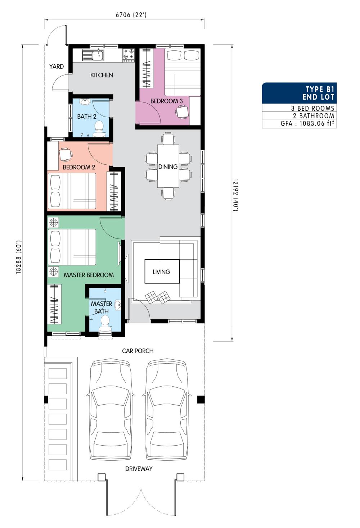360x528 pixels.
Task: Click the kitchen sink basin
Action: (98, 55)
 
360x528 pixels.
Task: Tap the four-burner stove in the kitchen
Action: (129, 55)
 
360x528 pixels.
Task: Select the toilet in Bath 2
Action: (99, 129)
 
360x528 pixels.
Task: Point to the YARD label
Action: (57, 67)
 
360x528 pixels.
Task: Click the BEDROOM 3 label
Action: (167, 101)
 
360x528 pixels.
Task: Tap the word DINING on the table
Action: (168, 167)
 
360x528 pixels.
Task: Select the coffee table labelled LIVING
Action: (162, 271)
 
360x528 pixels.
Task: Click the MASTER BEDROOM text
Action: (89, 275)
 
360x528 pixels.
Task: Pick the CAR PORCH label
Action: (138, 351)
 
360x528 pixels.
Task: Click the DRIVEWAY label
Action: (139, 469)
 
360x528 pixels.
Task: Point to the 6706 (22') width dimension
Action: (131, 15)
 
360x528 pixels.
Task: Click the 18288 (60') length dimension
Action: (19, 257)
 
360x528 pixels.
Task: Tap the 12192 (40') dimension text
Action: (236, 195)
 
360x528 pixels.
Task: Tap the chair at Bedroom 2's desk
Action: (66, 155)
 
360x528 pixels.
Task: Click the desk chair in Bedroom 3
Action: (182, 111)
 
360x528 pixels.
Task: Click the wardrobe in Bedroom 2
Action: (114, 191)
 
